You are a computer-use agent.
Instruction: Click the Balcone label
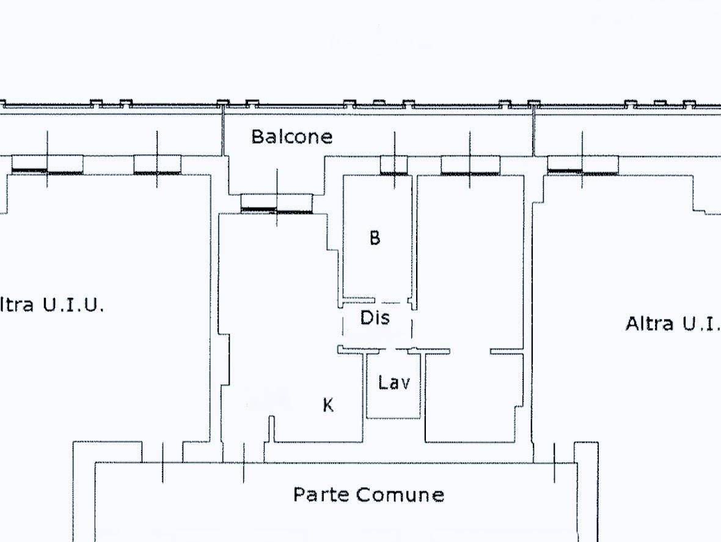click(292, 136)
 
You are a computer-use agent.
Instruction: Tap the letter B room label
click(375, 237)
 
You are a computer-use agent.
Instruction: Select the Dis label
click(375, 318)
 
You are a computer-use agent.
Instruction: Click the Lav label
click(394, 383)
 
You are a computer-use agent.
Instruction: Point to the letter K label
click(328, 405)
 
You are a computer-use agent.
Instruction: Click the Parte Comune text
click(368, 494)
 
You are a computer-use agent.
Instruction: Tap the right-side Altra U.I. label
click(672, 324)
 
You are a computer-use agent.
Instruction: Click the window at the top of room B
click(394, 165)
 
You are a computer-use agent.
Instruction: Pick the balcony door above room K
click(277, 202)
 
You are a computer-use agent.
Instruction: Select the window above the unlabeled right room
click(470, 165)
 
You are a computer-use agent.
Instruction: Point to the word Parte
click(321, 494)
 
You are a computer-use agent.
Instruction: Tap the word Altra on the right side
click(649, 324)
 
